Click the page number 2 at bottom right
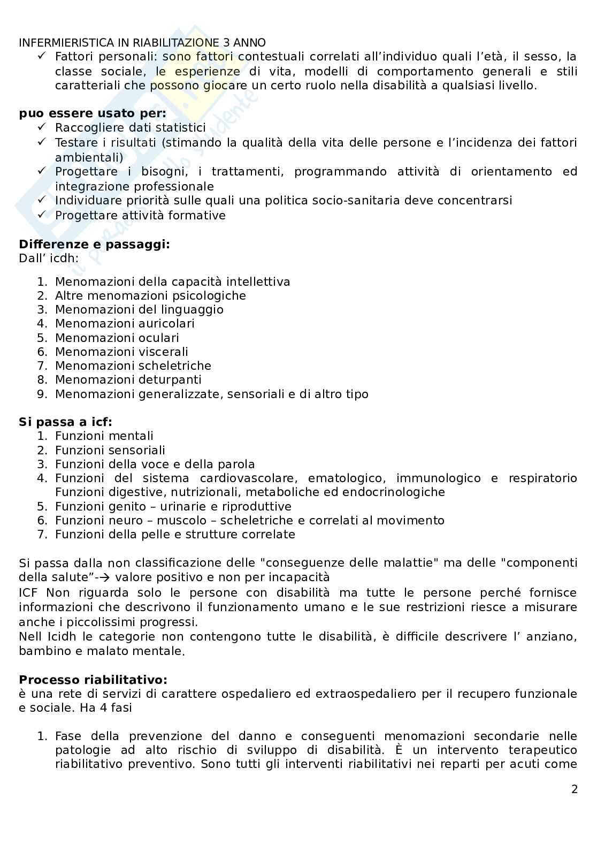(x=575, y=789)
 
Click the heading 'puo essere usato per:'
(x=93, y=113)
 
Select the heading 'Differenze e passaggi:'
(x=94, y=245)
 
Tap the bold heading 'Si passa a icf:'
(x=65, y=422)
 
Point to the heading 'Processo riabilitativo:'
(x=93, y=680)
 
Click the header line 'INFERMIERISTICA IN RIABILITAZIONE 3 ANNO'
(x=142, y=43)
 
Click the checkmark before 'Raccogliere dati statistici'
(x=42, y=127)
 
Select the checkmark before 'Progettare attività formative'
(x=42, y=215)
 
